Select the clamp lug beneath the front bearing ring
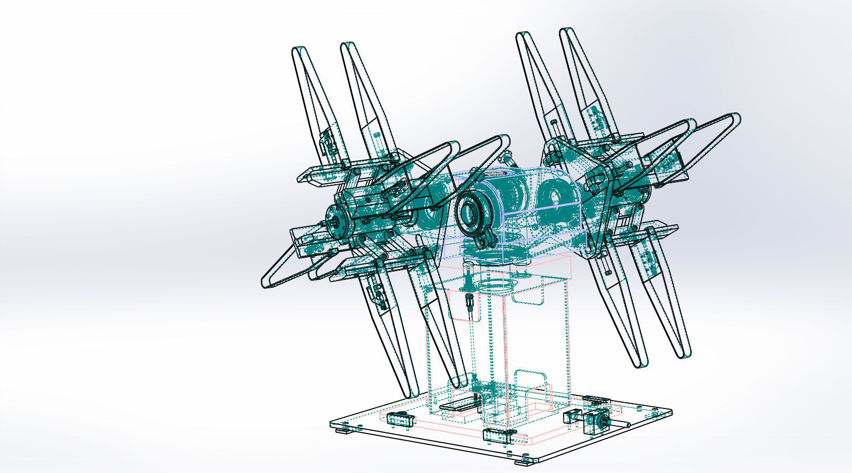[485, 241]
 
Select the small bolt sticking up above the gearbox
[505, 156]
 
